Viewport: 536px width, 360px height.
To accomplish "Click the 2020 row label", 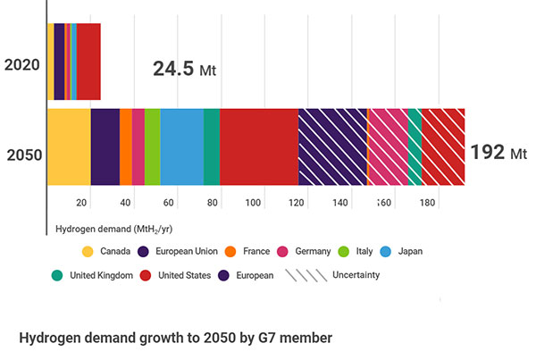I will [x=21, y=63].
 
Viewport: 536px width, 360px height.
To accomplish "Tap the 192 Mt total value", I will [x=498, y=152].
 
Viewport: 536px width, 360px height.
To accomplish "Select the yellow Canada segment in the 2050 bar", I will [x=69, y=147].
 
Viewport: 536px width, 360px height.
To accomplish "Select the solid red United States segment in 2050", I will [x=259, y=147].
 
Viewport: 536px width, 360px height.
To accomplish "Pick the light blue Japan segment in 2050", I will [x=182, y=147].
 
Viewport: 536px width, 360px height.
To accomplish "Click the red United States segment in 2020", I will [x=88, y=62].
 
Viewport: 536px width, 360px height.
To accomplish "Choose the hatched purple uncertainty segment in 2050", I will [x=332, y=147].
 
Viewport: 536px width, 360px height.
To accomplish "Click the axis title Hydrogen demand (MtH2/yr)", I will [x=109, y=230].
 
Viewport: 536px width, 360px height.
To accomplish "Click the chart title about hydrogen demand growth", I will [x=175, y=338].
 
